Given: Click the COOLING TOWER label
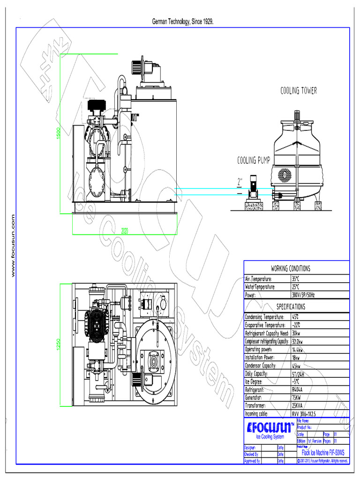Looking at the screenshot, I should tap(299, 90).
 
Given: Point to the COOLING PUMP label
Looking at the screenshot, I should tap(253, 161).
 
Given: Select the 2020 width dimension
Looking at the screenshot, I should tap(125, 231).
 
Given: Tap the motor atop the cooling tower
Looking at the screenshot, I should tap(297, 115).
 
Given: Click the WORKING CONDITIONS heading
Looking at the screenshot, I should tap(296, 269).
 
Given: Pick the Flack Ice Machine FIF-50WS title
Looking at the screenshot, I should tap(323, 453).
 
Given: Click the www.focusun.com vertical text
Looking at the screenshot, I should tap(13, 246).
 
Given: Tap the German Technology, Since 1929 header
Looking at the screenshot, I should tap(183, 22).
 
